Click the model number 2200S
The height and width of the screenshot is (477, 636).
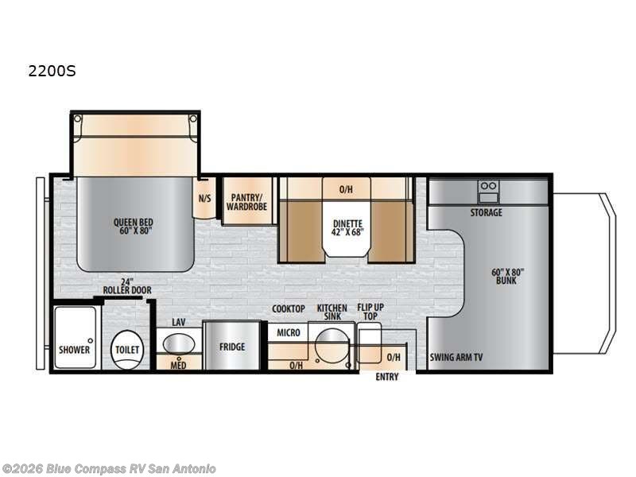52,71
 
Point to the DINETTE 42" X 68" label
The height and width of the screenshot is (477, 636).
347,228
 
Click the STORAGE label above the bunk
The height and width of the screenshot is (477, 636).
485,212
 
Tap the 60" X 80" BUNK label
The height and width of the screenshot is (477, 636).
507,277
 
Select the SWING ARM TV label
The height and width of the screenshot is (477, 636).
456,357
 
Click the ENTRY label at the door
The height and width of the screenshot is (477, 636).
387,377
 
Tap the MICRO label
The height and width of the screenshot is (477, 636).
289,332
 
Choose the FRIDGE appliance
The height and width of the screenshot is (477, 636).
232,347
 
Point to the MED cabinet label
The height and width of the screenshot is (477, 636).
179,365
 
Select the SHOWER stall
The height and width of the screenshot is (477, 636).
75,342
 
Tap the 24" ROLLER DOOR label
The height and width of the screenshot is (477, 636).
126,286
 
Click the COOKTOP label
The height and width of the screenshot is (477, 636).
289,308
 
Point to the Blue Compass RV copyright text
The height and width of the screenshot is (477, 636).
109,468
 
